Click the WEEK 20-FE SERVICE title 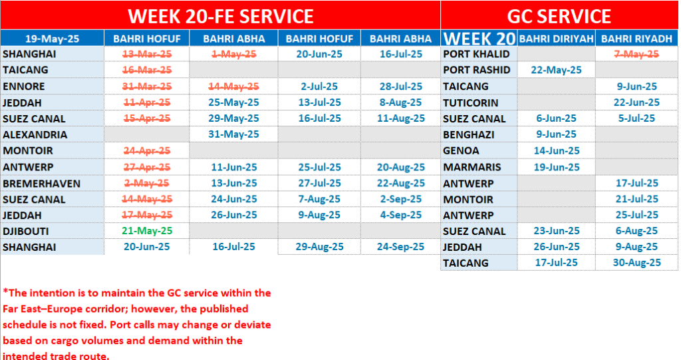(221, 17)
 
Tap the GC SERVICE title (559, 17)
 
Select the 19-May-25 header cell (52, 39)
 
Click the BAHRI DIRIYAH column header (556, 39)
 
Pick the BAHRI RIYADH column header (636, 39)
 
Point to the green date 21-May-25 (147, 231)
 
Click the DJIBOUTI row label (26, 232)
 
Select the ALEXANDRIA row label (35, 135)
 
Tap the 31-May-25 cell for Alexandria (233, 134)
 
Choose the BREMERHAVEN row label (41, 184)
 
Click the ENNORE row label (23, 87)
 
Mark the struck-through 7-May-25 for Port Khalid (636, 55)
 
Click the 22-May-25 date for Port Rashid (557, 70)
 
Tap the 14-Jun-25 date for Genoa (557, 151)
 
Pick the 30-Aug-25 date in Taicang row (636, 263)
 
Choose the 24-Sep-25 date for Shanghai (400, 247)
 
